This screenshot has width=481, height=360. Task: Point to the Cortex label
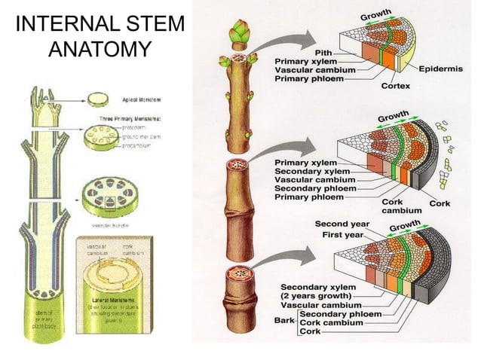pos(395,86)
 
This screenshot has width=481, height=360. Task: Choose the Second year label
pos(339,224)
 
